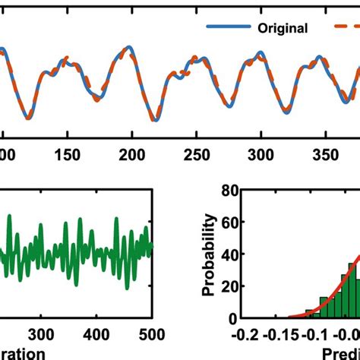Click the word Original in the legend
click(283, 29)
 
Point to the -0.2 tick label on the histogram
click(245, 334)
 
